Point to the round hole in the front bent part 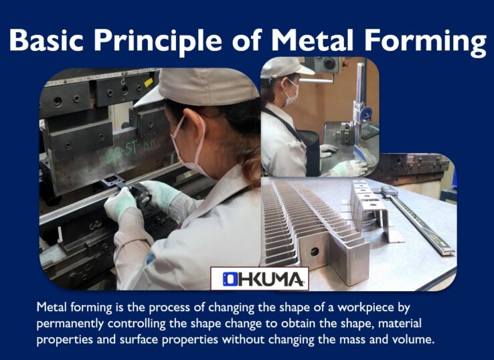315,251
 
